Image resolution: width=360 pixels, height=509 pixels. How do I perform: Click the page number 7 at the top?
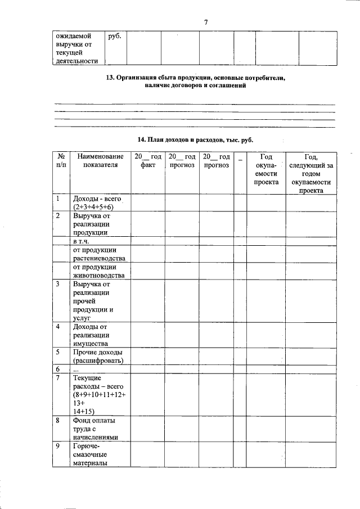(206, 22)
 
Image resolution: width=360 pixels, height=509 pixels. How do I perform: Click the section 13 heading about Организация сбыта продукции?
(196, 82)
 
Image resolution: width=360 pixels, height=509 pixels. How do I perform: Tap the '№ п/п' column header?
(60, 161)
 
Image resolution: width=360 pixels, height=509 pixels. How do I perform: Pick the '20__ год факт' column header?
(147, 161)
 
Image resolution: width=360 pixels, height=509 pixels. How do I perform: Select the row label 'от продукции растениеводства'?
(99, 254)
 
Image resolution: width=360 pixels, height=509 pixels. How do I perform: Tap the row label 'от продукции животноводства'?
(99, 271)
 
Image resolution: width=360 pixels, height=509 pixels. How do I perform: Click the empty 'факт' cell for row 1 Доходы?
(147, 203)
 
